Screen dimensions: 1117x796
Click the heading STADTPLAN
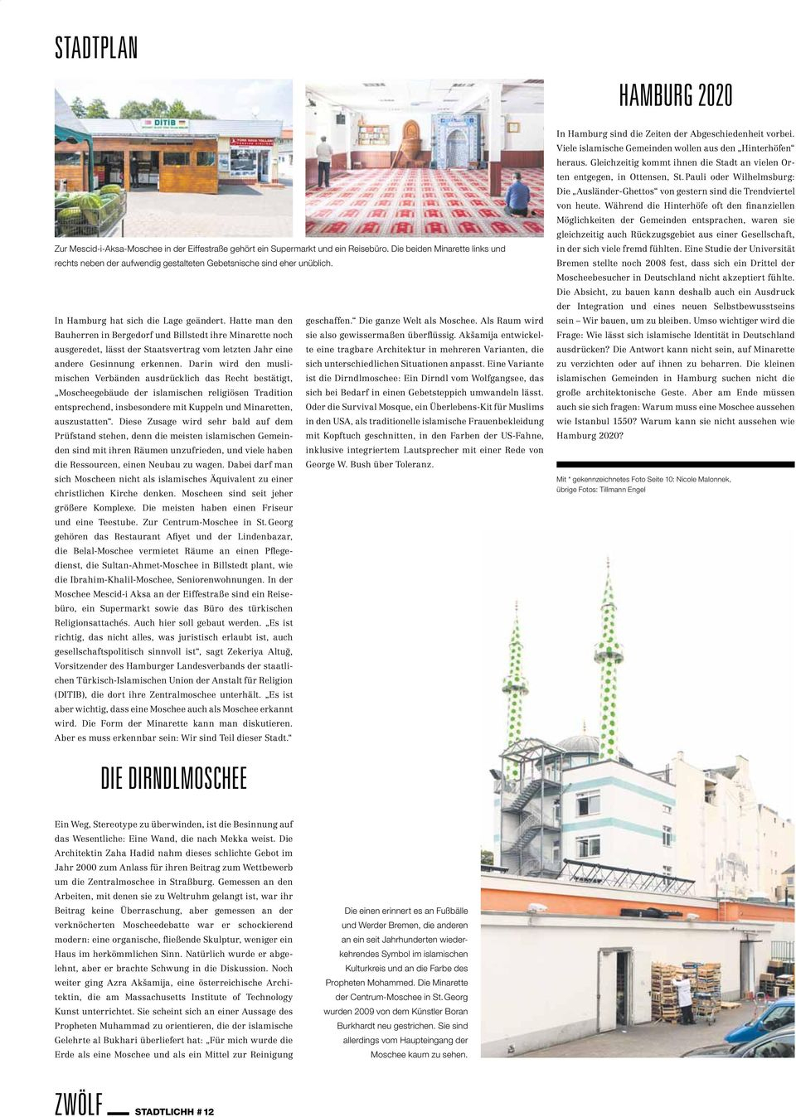click(x=96, y=48)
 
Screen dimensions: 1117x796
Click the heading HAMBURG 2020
click(x=675, y=96)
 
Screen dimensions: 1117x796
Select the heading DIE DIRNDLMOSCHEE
click(x=174, y=778)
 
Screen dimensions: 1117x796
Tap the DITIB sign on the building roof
click(x=164, y=125)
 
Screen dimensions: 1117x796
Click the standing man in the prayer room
click(x=323, y=161)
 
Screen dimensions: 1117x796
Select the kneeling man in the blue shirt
click(x=518, y=196)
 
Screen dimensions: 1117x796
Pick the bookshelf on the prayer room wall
click(x=373, y=134)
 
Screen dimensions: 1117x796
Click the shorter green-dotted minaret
click(x=516, y=679)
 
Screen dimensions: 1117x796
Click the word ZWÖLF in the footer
click(x=79, y=1105)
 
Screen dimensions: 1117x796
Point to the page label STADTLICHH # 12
click(x=174, y=1111)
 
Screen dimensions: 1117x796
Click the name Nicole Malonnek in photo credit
click(x=703, y=479)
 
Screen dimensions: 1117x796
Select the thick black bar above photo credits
click(x=675, y=465)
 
